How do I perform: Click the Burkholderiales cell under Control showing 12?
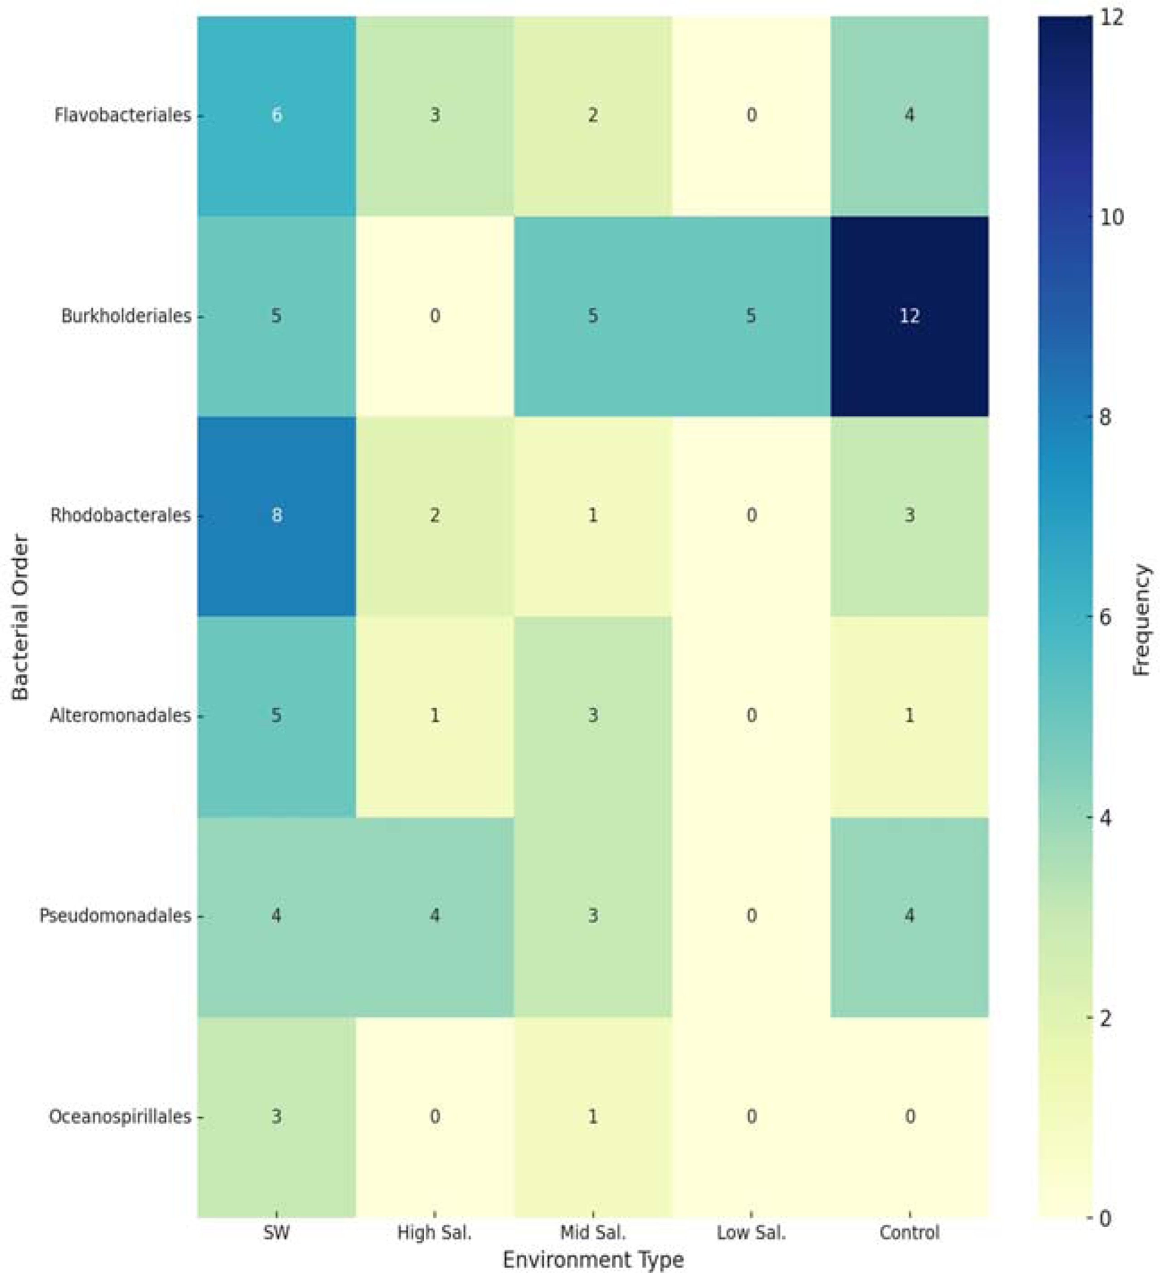tap(909, 316)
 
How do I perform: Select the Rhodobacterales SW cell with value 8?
tap(277, 515)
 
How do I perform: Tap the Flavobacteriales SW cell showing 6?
tap(277, 116)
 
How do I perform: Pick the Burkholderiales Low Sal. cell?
tap(751, 316)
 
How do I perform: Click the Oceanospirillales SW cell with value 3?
tap(277, 1116)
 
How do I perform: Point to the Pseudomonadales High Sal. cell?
tap(434, 915)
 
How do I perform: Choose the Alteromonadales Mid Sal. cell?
tap(592, 716)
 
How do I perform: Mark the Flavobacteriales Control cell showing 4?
tap(909, 116)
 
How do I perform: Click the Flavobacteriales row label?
tap(122, 116)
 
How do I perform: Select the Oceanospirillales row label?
tap(120, 1116)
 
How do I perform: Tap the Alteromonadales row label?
tap(120, 716)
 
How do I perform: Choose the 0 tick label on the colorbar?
tap(1106, 1218)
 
